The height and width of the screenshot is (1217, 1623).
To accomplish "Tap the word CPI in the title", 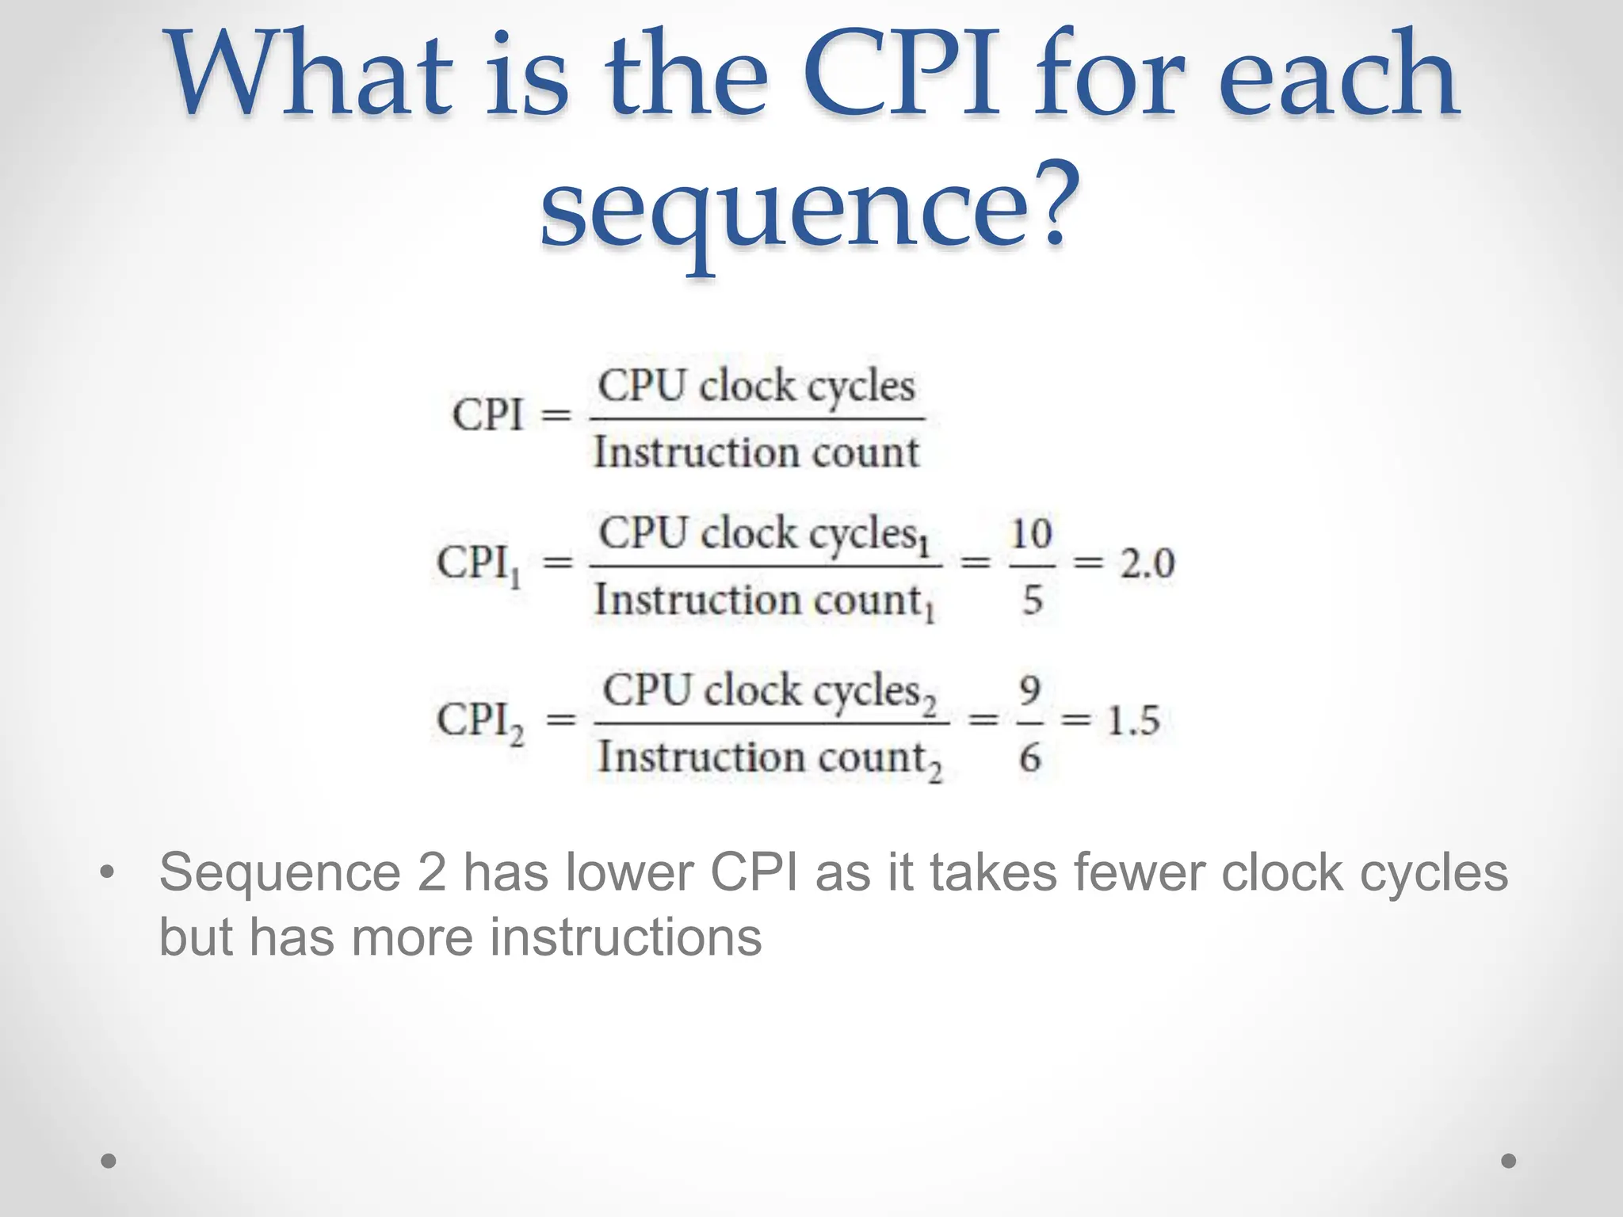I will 899,75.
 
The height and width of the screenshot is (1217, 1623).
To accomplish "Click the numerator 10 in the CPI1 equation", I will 1031,533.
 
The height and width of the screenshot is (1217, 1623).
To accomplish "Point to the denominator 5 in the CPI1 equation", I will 1032,600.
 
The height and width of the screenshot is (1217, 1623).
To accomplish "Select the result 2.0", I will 1147,563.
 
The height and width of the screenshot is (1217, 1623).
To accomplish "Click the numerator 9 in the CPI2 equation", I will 1029,690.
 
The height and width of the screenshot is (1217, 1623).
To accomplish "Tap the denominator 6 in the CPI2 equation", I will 1029,757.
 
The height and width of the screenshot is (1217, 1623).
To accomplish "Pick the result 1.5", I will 1133,721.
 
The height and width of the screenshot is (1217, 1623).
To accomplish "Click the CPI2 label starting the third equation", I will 480,722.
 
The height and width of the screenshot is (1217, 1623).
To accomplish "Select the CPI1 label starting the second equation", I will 479,564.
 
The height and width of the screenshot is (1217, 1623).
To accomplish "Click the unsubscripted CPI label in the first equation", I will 487,414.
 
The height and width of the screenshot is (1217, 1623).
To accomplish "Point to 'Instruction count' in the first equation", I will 756,453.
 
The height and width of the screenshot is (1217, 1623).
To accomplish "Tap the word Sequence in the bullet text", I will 280,873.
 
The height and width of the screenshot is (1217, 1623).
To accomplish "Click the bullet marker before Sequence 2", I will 108,873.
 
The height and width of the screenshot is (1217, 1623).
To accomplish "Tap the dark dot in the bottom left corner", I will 109,1161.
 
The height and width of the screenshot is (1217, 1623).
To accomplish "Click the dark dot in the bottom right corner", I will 1509,1161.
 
